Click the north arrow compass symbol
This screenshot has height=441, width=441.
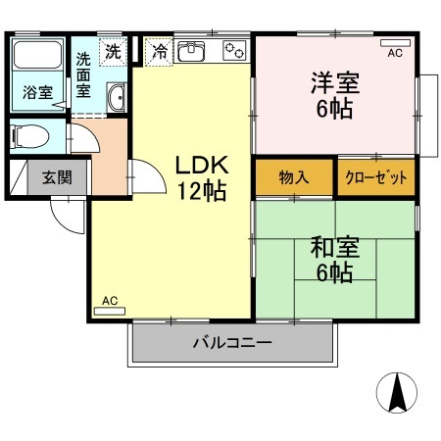[x=397, y=393]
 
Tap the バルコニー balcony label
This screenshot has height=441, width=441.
[x=232, y=343]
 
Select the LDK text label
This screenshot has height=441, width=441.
[x=202, y=166]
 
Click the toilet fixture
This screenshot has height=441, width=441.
[x=29, y=136]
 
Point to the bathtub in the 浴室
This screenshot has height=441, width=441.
[x=37, y=55]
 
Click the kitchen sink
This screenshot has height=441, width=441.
[x=191, y=51]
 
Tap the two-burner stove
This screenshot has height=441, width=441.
[x=234, y=51]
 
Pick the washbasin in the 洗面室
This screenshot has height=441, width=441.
[x=117, y=97]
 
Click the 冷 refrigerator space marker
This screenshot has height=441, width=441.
[x=159, y=52]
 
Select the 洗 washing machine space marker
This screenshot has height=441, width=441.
[x=113, y=52]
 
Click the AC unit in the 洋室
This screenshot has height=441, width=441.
[x=395, y=43]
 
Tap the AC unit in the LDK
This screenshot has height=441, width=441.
[x=110, y=312]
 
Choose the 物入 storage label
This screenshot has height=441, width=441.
[x=294, y=177]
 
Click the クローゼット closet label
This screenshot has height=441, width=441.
[x=376, y=177]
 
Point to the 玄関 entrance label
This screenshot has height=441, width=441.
[x=57, y=177]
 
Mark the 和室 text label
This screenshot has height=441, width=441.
[x=335, y=247]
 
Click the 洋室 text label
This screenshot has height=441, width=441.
[x=335, y=83]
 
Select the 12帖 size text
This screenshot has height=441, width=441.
[x=202, y=191]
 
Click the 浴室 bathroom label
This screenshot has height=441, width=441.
[x=37, y=92]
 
